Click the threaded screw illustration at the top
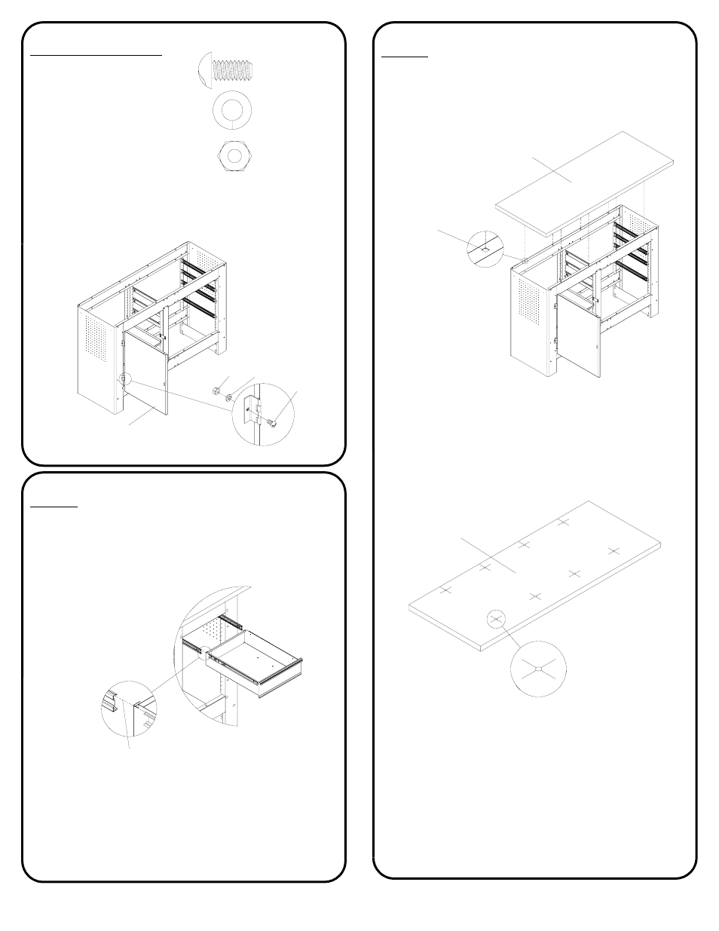(x=225, y=70)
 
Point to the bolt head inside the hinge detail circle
(x=272, y=423)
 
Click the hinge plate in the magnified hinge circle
(x=256, y=411)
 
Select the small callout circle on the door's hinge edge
(x=124, y=380)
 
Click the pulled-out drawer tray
(x=256, y=663)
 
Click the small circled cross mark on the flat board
(x=495, y=619)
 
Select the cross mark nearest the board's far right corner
(x=613, y=551)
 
